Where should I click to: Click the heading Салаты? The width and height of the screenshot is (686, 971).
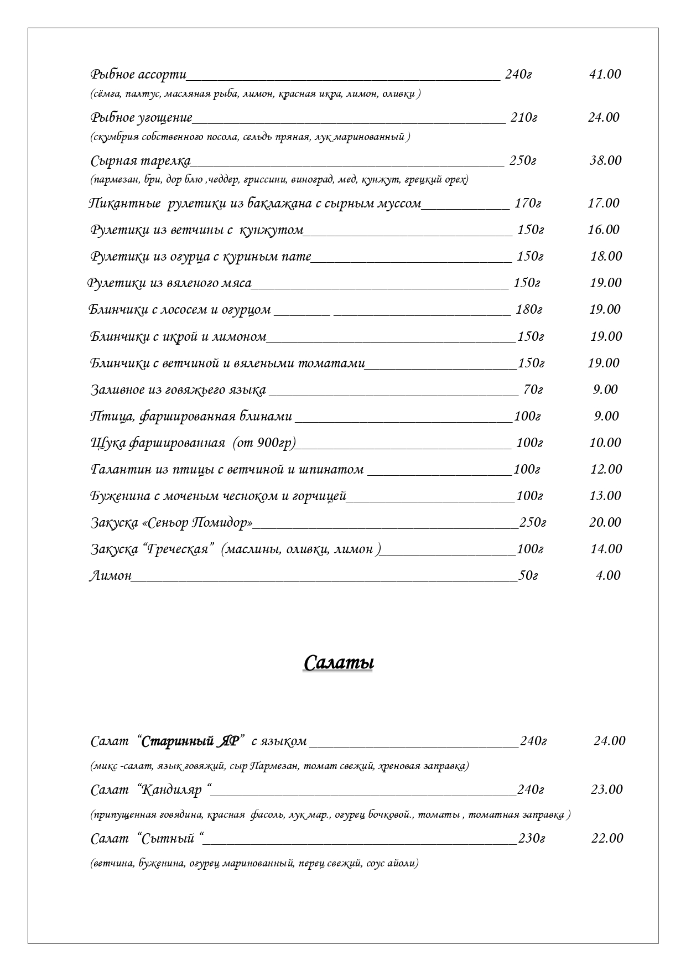pyautogui.click(x=338, y=662)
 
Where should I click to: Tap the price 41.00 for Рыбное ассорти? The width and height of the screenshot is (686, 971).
pyautogui.click(x=605, y=74)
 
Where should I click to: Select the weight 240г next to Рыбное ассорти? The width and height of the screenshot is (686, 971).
pyautogui.click(x=518, y=74)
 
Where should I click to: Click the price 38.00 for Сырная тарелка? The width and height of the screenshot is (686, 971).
pyautogui.click(x=605, y=160)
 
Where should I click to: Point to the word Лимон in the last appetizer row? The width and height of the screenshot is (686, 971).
pyautogui.click(x=111, y=575)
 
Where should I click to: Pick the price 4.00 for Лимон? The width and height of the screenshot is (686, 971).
pyautogui.click(x=608, y=575)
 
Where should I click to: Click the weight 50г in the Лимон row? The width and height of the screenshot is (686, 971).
pyautogui.click(x=528, y=575)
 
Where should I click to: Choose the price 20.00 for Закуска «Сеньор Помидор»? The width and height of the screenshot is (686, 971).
pyautogui.click(x=605, y=522)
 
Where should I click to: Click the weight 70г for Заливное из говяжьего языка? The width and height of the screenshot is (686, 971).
pyautogui.click(x=533, y=390)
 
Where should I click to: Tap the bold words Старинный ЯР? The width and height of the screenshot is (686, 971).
pyautogui.click(x=190, y=741)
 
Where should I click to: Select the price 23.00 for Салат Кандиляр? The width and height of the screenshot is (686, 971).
pyautogui.click(x=606, y=790)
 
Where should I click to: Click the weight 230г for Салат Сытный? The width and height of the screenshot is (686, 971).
pyautogui.click(x=531, y=838)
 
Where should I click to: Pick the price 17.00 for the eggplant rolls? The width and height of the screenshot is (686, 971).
pyautogui.click(x=604, y=203)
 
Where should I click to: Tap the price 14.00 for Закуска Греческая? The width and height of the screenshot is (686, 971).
pyautogui.click(x=606, y=549)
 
